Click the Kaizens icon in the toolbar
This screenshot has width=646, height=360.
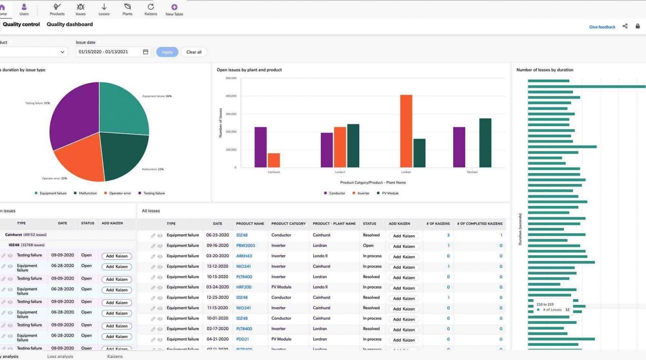point(151,7)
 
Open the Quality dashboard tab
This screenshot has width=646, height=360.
point(69,24)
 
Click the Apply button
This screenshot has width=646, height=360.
point(167,52)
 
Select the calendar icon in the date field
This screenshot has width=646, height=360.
point(145,52)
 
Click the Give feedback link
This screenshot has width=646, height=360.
point(602,27)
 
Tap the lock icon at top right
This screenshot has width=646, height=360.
point(637,26)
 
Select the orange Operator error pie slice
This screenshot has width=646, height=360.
point(78,161)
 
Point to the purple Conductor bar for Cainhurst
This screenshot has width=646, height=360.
point(260,147)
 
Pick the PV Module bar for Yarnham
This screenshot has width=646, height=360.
point(485,143)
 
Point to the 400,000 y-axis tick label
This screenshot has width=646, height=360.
point(231,96)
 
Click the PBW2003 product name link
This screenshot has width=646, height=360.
point(245,246)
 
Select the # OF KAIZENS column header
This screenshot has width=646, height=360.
point(438,224)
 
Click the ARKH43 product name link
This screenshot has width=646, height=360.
point(244,256)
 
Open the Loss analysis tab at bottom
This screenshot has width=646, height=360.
point(60,357)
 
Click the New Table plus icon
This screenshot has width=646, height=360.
point(174,7)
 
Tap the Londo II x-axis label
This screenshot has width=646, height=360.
point(340,172)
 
